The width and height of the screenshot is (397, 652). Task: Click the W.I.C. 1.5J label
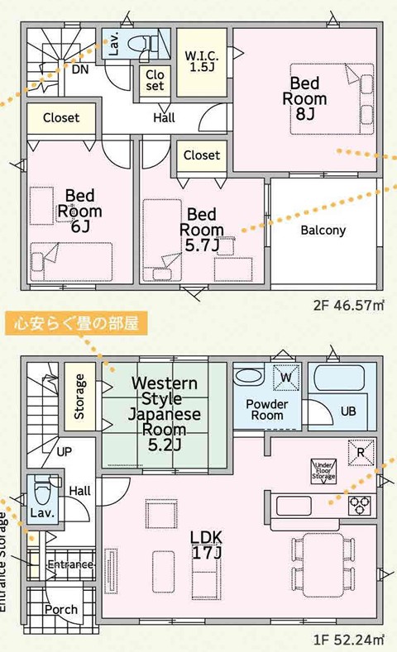(x=202, y=61)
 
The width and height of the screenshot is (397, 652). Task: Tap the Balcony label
(x=323, y=230)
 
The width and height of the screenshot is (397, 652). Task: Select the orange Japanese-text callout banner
(x=77, y=322)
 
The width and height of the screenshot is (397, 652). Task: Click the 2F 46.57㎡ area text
(x=349, y=305)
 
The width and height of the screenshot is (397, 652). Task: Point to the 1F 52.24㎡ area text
(x=349, y=639)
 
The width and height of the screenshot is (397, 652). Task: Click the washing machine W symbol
(x=286, y=378)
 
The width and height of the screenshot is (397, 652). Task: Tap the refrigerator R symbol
(x=361, y=452)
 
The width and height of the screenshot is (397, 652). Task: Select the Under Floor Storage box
(x=323, y=471)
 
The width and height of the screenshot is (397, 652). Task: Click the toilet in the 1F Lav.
(x=42, y=490)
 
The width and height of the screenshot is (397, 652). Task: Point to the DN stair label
(x=80, y=69)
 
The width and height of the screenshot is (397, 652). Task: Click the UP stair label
(x=64, y=451)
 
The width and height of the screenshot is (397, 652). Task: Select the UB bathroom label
(x=348, y=412)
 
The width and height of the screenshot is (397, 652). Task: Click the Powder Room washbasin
(x=248, y=376)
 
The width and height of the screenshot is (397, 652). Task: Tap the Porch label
(x=61, y=610)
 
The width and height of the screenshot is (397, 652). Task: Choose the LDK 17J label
(x=207, y=545)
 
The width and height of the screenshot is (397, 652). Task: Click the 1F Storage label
(x=79, y=397)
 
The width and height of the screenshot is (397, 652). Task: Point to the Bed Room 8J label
(x=304, y=98)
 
